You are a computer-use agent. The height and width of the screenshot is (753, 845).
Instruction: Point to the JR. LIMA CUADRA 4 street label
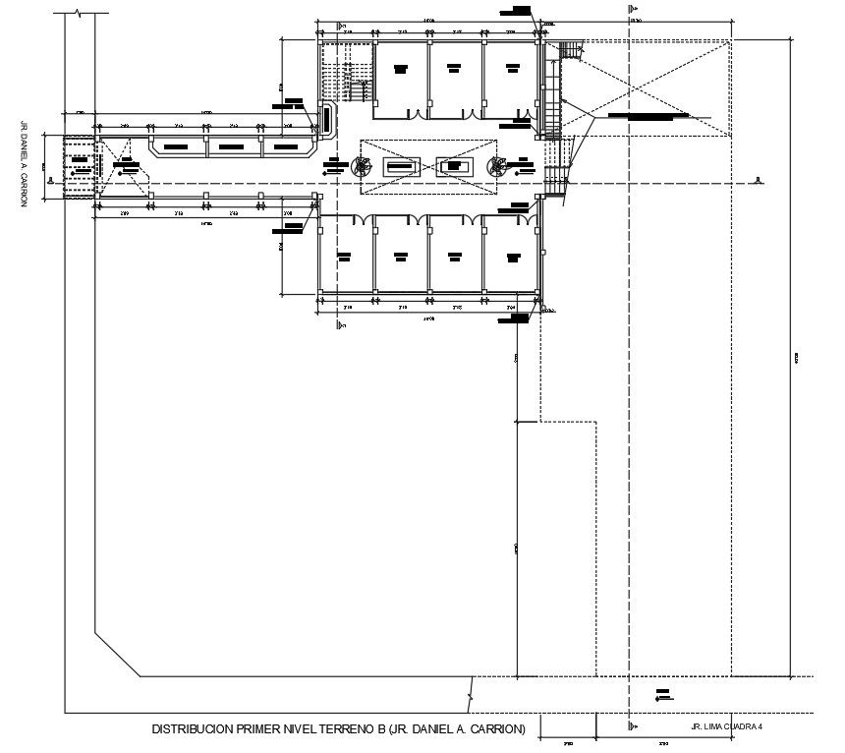click(x=727, y=727)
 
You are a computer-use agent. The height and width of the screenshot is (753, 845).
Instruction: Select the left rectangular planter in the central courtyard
click(x=400, y=166)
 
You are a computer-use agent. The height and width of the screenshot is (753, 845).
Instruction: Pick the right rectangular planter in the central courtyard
click(x=454, y=166)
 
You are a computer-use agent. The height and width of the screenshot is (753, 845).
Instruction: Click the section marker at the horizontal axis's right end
click(x=758, y=180)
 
